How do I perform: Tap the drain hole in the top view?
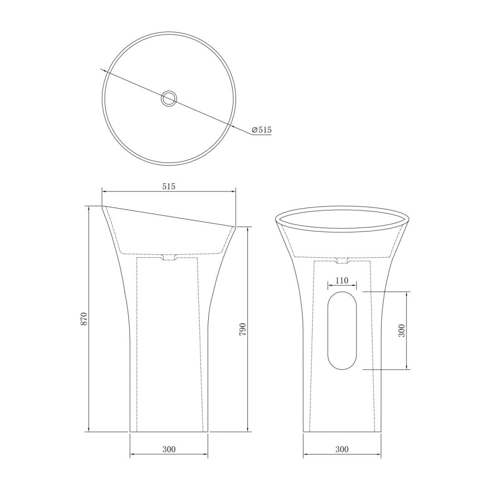coord(169,98)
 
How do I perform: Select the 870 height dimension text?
coord(83,319)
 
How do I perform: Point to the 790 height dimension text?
coord(243,329)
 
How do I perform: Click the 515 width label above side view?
coord(169,186)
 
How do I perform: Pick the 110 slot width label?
coord(342,281)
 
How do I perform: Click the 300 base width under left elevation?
coord(169,449)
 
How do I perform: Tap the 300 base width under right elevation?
coord(342,449)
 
